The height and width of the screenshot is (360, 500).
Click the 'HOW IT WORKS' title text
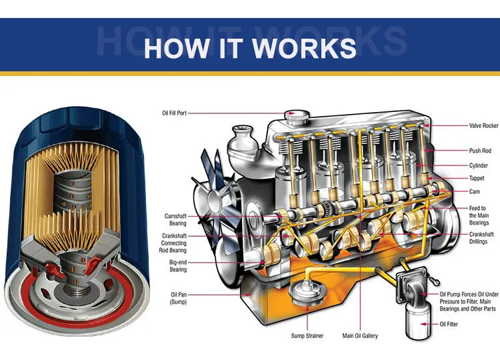tap(250, 47)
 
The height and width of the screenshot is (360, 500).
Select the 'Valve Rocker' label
tap(483, 125)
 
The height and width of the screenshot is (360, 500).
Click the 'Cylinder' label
tap(479, 165)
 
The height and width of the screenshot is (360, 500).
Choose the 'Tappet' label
tap(477, 179)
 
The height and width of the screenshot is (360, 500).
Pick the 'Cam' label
tap(475, 191)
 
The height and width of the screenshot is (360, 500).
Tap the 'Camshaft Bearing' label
tap(175, 219)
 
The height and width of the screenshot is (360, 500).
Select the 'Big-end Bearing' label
tap(177, 265)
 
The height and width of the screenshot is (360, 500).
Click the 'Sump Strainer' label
tap(307, 335)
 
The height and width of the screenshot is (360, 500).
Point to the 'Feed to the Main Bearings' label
tap(478, 215)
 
